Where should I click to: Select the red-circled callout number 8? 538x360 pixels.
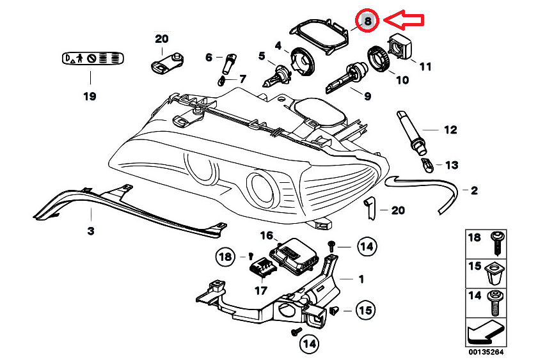click(x=368, y=20)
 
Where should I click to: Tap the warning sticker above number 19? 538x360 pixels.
click(x=90, y=58)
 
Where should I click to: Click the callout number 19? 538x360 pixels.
click(x=90, y=97)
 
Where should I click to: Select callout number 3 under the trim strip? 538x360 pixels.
click(x=91, y=230)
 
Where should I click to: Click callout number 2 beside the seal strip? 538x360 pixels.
click(x=474, y=190)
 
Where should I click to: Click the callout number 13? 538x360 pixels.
click(x=452, y=165)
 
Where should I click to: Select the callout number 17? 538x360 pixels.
click(x=260, y=290)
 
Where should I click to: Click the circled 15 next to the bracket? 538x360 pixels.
click(x=365, y=311)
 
